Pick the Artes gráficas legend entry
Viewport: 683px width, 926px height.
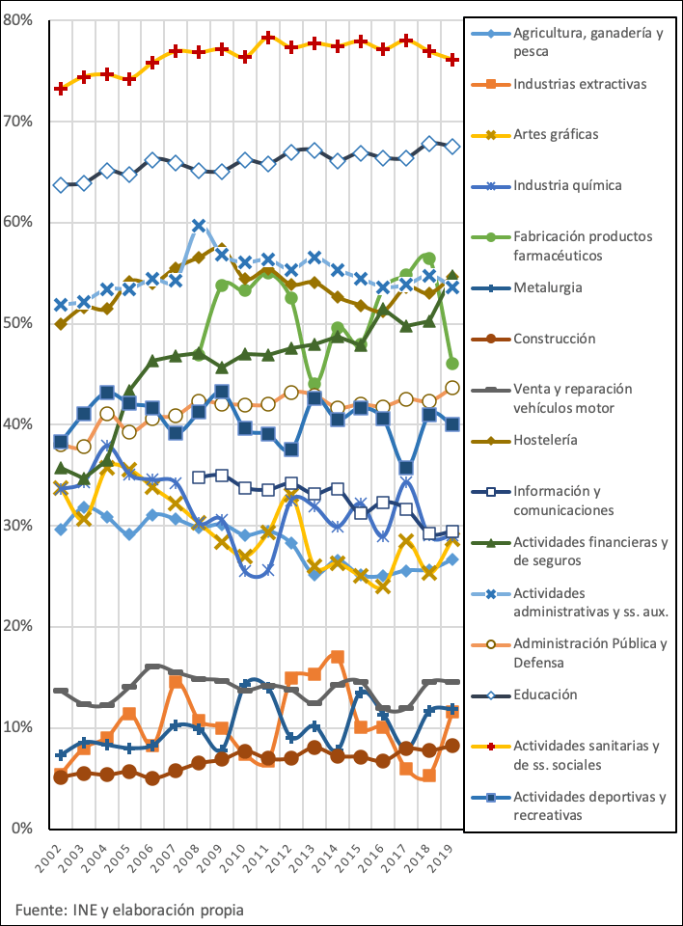[x=556, y=134]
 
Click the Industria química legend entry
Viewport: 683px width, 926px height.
[x=566, y=185]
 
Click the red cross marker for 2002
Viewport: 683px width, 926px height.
[x=61, y=88]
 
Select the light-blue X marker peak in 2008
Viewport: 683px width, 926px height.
[x=199, y=227]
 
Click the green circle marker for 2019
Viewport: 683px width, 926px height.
[x=451, y=364]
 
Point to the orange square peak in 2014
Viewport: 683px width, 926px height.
[x=337, y=657]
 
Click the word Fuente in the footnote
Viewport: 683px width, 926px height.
[x=39, y=909]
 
